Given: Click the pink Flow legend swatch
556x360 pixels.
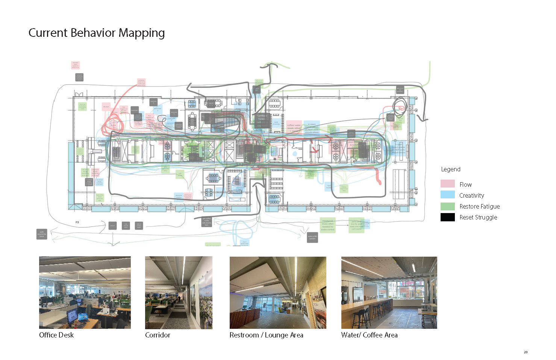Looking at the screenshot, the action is (447, 184).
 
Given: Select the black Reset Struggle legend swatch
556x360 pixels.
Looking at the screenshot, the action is (447, 217).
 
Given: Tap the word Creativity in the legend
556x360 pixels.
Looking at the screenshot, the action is (471, 195).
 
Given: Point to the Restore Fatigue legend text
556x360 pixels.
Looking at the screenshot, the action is (479, 206).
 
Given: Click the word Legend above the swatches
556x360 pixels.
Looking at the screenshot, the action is (450, 169).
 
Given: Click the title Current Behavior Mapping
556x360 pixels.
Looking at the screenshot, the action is (97, 33).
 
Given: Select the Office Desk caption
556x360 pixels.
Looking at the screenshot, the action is (56, 335).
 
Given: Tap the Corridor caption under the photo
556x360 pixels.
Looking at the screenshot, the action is (158, 335).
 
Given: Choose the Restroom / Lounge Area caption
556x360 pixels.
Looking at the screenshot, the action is (266, 335).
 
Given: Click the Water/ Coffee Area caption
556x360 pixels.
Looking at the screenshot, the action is (369, 335).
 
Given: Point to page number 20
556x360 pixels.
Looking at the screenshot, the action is (526, 352).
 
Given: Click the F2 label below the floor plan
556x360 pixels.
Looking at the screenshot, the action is (77, 222).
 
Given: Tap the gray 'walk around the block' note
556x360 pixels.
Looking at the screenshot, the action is (42, 234).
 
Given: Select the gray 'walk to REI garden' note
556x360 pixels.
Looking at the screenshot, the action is (312, 237).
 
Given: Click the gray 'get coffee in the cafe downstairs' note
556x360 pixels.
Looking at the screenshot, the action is (206, 222).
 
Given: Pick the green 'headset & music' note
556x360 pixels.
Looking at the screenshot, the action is (327, 225).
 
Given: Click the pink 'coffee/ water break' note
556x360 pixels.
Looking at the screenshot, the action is (294, 127).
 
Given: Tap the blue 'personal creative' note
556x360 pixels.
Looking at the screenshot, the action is (179, 196).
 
